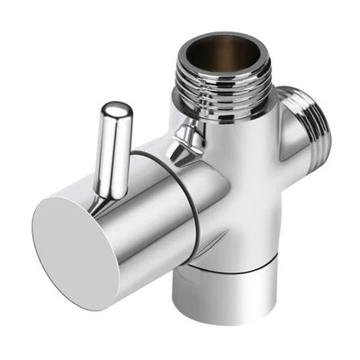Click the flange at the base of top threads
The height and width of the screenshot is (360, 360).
tap(229, 96)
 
